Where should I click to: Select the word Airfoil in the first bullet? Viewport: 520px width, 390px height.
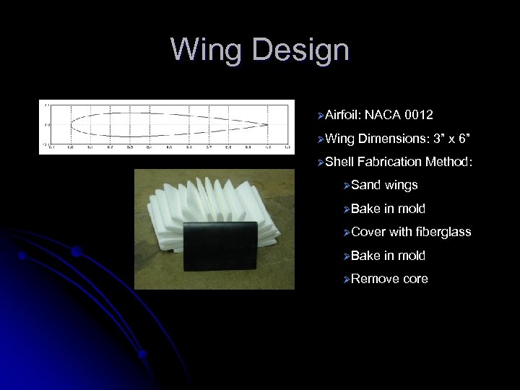pos(343,115)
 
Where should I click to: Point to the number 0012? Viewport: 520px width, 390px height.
pos(419,115)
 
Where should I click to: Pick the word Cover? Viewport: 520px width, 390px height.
pos(368,232)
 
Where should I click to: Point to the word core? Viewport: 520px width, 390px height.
pos(415,279)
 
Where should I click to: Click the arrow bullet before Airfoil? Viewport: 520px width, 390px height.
pos(318,116)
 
